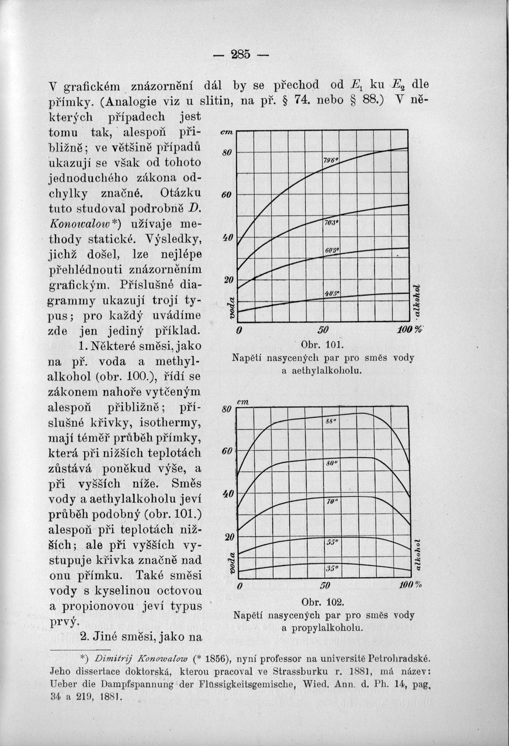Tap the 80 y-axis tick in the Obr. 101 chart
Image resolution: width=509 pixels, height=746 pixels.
(x=228, y=153)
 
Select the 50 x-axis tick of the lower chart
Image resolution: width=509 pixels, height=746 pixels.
(x=326, y=585)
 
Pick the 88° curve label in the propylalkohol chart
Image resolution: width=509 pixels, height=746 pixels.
(x=331, y=421)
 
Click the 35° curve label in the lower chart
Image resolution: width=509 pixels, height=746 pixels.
(x=332, y=567)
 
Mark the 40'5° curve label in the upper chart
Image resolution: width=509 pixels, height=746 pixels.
(x=333, y=294)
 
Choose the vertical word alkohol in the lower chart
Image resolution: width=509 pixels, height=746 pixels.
(x=415, y=553)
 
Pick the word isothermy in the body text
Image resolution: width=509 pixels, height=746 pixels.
(x=174, y=421)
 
